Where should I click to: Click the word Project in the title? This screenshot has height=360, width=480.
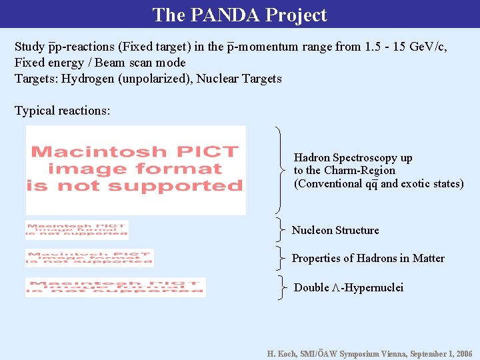[x=294, y=15]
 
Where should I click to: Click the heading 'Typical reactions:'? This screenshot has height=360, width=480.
[x=62, y=111]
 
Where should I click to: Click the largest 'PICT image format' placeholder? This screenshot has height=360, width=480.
[x=136, y=170]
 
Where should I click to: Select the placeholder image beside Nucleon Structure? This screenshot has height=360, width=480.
[x=77, y=230]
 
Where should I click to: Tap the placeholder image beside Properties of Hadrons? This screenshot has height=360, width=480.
[x=89, y=258]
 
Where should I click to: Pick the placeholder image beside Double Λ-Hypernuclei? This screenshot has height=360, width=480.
[x=115, y=287]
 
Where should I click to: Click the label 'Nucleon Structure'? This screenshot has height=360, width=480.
[x=335, y=231]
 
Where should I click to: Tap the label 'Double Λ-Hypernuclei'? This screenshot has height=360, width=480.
[x=349, y=288]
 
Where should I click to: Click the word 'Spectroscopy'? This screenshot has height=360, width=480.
[x=381, y=158]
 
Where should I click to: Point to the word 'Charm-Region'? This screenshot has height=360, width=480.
[x=360, y=171]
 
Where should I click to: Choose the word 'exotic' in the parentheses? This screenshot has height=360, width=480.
[x=415, y=183]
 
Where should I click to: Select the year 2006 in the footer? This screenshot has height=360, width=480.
[x=463, y=354]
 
